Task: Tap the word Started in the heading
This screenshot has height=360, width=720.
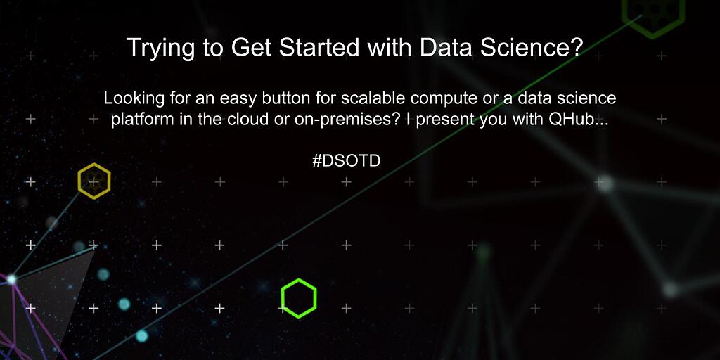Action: (x=317, y=47)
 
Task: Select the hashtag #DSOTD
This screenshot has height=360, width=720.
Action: (x=346, y=161)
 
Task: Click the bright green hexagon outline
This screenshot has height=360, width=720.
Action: (x=299, y=281)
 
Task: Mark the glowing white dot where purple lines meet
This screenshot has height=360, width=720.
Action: (x=11, y=279)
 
